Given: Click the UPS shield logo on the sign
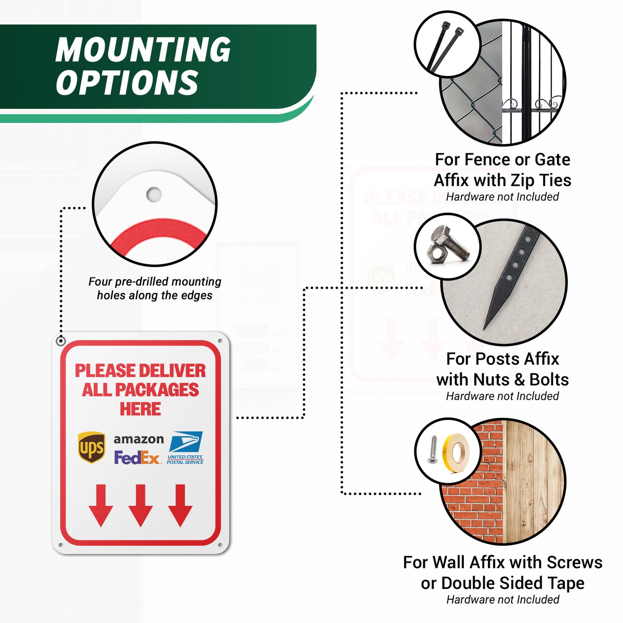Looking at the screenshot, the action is [x=91, y=447].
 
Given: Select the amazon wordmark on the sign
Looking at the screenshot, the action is [x=139, y=439].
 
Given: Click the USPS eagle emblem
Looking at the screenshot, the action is [x=186, y=441].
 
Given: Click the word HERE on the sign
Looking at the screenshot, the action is [x=140, y=409].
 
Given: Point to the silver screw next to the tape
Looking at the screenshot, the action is [x=433, y=449].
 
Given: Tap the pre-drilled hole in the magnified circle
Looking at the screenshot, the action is [x=153, y=194].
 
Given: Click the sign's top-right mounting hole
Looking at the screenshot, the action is [x=220, y=341].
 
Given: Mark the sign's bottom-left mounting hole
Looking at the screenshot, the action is [x=60, y=545].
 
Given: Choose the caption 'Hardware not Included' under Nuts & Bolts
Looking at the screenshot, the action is [x=502, y=396].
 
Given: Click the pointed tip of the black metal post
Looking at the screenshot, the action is [x=484, y=329].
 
